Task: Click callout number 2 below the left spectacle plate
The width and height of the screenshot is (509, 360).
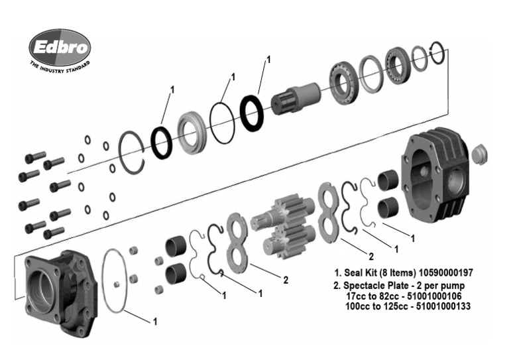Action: click(286, 280)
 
